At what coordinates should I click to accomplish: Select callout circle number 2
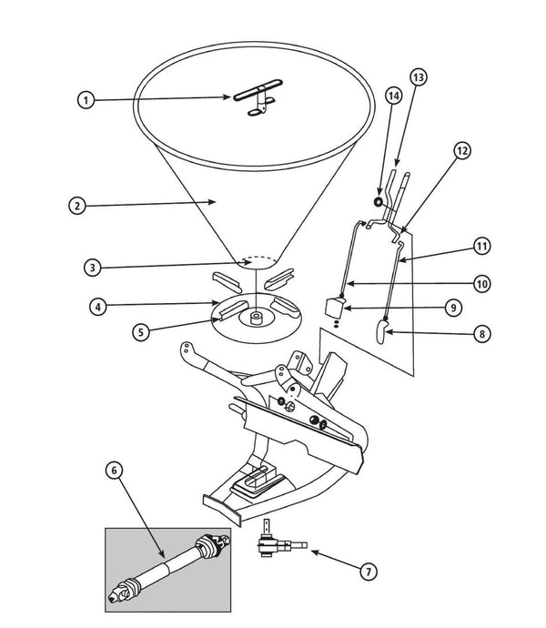(x=77, y=206)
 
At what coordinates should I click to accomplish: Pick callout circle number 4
(x=96, y=306)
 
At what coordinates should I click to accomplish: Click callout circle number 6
(x=113, y=471)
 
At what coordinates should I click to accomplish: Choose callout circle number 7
(x=368, y=572)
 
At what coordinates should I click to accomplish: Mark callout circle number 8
(x=481, y=333)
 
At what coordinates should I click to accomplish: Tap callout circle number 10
(x=481, y=284)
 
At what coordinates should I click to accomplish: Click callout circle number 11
(x=481, y=246)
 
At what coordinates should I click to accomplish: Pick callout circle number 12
(x=462, y=151)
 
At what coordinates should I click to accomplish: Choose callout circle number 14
(x=392, y=96)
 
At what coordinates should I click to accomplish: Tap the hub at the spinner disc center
(x=258, y=320)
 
